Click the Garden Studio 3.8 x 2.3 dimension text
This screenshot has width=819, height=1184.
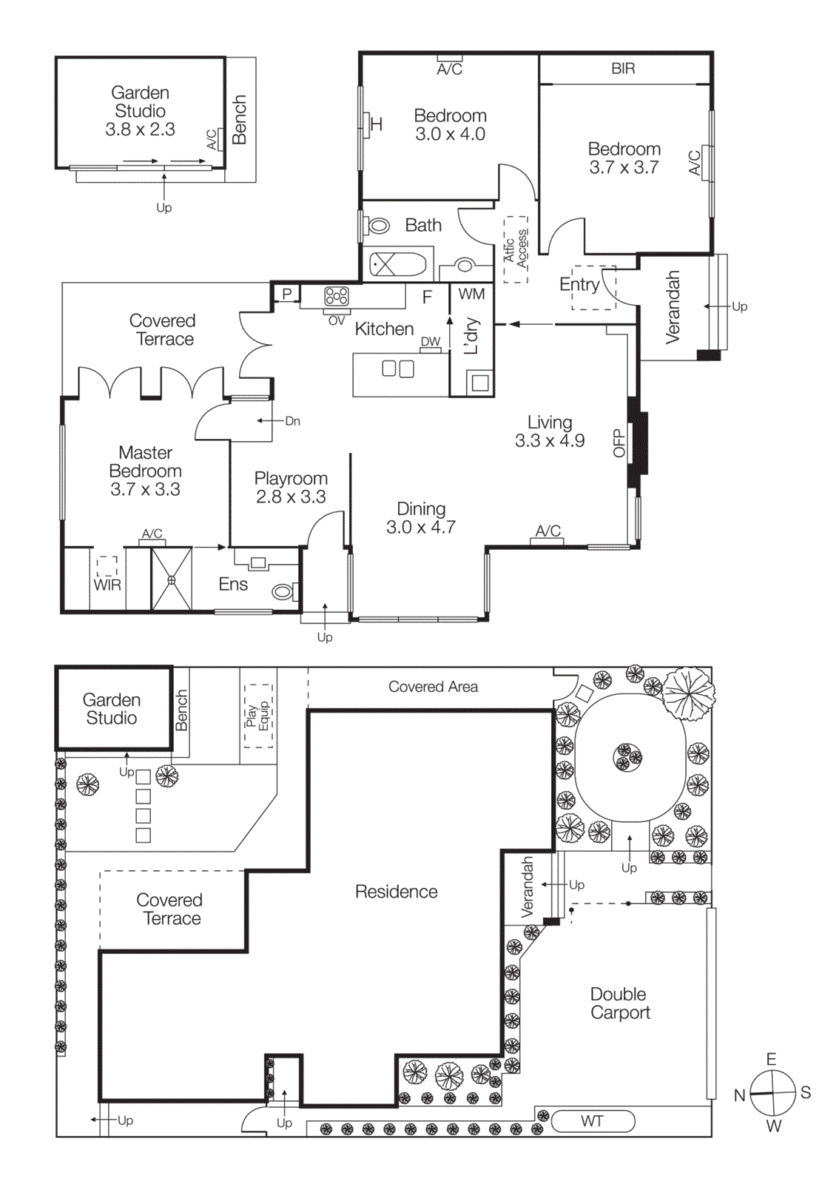(x=140, y=129)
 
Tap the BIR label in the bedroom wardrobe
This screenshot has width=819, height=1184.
(x=623, y=69)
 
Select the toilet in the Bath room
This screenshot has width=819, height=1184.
(x=379, y=226)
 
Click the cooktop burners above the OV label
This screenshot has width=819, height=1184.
(x=337, y=297)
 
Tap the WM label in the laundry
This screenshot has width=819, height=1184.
(x=471, y=295)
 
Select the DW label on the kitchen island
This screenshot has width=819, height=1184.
(x=431, y=342)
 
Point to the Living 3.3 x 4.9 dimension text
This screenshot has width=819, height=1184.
(x=550, y=441)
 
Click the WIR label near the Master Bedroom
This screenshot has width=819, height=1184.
(x=107, y=585)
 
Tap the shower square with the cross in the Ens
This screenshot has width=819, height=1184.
(x=172, y=579)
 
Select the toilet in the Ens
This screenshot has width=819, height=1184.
(x=283, y=592)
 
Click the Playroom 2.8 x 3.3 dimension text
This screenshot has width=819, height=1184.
(x=291, y=497)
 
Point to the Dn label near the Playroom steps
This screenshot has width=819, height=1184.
(x=293, y=421)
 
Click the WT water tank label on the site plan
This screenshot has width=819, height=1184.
(x=592, y=1121)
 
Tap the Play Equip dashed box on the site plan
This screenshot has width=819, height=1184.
(x=258, y=716)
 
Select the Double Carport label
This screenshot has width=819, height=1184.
(x=619, y=1003)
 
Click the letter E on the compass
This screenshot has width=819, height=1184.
(x=771, y=1060)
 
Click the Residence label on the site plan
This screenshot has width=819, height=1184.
(x=396, y=892)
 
